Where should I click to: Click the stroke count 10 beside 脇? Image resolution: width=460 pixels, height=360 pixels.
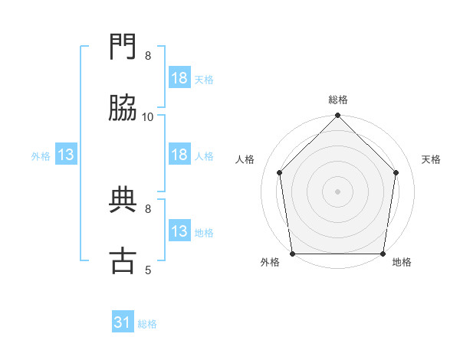pyautogui.click(x=148, y=116)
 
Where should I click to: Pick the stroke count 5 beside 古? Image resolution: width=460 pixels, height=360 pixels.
pyautogui.click(x=148, y=270)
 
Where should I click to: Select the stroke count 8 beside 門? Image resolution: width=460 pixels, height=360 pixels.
pyautogui.click(x=148, y=55)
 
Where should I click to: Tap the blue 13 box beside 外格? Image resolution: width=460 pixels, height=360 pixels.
pyautogui.click(x=66, y=155)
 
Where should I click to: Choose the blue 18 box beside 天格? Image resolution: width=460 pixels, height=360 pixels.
pyautogui.click(x=179, y=78)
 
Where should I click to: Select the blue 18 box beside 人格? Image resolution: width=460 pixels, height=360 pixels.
pyautogui.click(x=179, y=155)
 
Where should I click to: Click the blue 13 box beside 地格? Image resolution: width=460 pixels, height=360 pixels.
pyautogui.click(x=179, y=231)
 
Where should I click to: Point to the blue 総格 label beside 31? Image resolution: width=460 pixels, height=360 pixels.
pyautogui.click(x=147, y=324)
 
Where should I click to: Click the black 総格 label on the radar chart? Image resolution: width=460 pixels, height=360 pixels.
pyautogui.click(x=338, y=100)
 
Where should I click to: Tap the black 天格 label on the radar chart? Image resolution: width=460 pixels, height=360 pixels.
pyautogui.click(x=432, y=159)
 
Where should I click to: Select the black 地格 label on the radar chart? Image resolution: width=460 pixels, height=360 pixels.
pyautogui.click(x=402, y=262)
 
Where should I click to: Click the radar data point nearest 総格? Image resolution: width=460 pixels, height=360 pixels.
pyautogui.click(x=338, y=116)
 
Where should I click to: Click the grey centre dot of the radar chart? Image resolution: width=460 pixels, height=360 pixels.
pyautogui.click(x=338, y=191)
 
